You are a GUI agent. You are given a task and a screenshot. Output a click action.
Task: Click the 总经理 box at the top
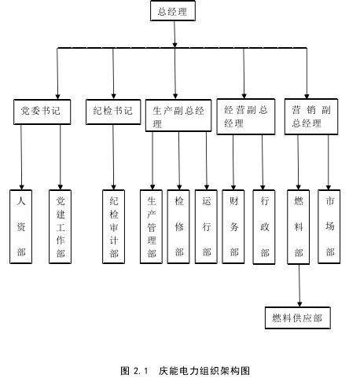(x=173, y=11)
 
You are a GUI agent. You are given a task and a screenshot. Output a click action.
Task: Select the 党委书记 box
(x=42, y=112)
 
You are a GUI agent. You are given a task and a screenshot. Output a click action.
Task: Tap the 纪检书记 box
(x=113, y=112)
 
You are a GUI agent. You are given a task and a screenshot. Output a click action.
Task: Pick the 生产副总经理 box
(x=178, y=116)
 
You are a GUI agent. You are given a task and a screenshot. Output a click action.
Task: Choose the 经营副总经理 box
(x=246, y=116)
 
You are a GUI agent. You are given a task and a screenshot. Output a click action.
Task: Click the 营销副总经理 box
(x=311, y=116)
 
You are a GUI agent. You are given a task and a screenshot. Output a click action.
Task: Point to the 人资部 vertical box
(x=21, y=226)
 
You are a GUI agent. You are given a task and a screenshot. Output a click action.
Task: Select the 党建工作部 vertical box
(x=60, y=226)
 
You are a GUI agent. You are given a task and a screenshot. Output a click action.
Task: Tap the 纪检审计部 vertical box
(x=113, y=226)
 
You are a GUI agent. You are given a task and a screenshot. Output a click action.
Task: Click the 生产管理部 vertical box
(x=151, y=226)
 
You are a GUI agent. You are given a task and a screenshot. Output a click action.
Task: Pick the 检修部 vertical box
(x=178, y=226)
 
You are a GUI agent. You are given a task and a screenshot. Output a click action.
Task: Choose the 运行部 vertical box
(x=206, y=226)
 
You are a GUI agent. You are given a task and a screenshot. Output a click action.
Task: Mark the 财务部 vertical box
(x=233, y=226)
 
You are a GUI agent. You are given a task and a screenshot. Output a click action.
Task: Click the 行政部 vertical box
(x=264, y=227)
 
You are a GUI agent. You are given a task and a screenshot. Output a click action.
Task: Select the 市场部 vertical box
(x=329, y=226)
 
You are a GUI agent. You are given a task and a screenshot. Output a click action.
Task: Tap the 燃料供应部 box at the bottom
(x=298, y=317)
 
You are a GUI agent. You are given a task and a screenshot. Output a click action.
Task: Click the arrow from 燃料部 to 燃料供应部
(x=299, y=285)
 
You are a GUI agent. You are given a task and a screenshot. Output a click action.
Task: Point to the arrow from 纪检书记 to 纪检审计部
(x=113, y=157)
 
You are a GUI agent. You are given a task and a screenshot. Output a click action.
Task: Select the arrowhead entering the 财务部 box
(x=233, y=187)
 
